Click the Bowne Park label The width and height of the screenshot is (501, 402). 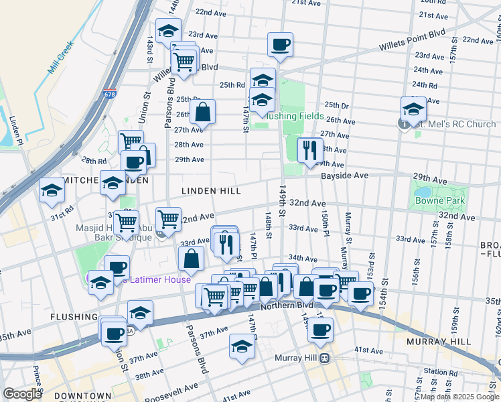(x=440, y=200)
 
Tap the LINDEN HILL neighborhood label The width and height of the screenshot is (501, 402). (x=212, y=191)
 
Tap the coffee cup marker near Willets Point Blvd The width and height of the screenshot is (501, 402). (x=280, y=45)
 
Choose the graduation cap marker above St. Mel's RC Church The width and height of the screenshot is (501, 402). (x=413, y=109)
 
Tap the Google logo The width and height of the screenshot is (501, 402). (x=22, y=393)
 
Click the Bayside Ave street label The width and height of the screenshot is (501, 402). (x=344, y=175)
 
